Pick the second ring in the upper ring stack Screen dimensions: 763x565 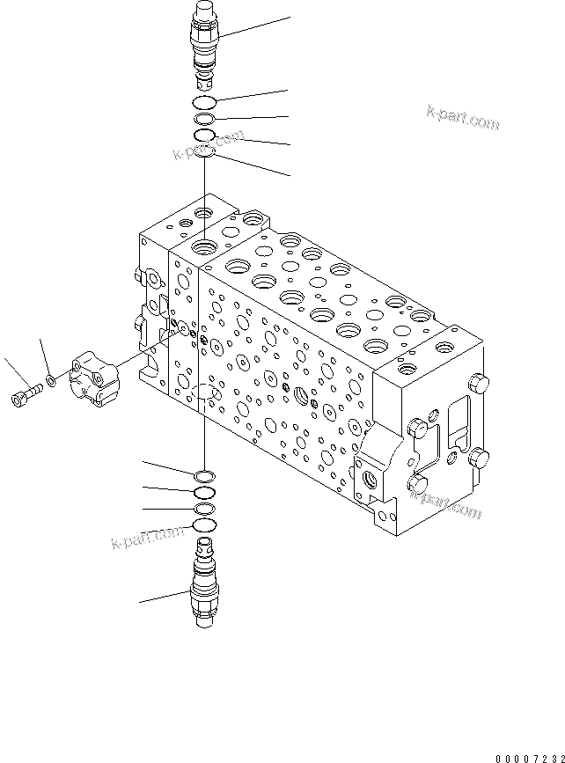(x=204, y=119)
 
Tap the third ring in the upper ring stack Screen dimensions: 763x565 (x=204, y=136)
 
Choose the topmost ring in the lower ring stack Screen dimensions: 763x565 (x=204, y=476)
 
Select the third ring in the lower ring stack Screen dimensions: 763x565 (x=204, y=509)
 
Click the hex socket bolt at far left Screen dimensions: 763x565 (x=25, y=395)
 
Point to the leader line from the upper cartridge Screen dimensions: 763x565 (x=255, y=26)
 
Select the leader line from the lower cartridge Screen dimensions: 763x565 (x=163, y=599)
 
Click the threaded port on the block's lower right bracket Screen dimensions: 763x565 (x=369, y=480)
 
